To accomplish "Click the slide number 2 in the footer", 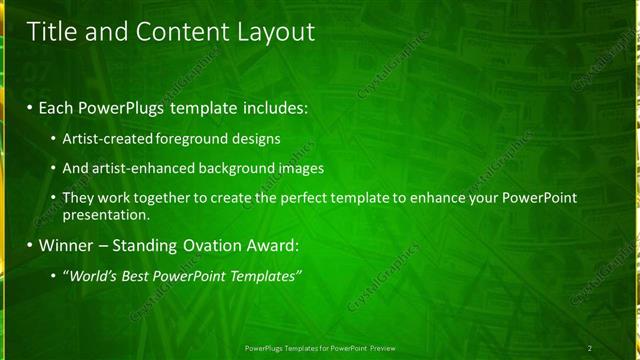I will tap(590, 348).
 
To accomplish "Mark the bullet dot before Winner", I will tap(30, 245).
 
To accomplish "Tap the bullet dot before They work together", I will tap(53, 198).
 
